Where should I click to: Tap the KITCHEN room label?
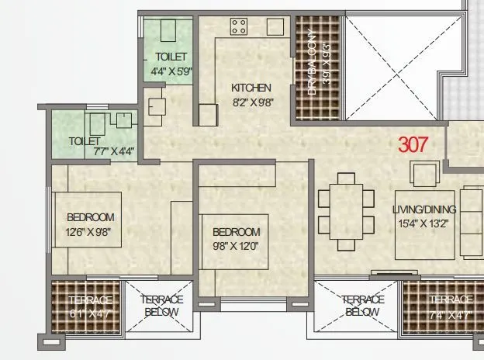tap(251, 88)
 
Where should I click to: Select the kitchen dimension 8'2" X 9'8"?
tap(251, 102)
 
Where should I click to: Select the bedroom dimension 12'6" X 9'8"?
tap(90, 231)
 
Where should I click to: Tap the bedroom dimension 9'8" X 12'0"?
tap(236, 247)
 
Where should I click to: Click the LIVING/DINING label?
tap(424, 209)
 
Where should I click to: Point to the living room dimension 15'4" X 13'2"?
tap(424, 224)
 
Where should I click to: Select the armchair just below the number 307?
tap(424, 174)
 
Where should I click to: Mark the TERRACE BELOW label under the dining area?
tap(363, 306)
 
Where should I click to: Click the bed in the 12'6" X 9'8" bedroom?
tap(87, 219)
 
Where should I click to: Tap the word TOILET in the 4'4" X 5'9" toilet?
tap(170, 57)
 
